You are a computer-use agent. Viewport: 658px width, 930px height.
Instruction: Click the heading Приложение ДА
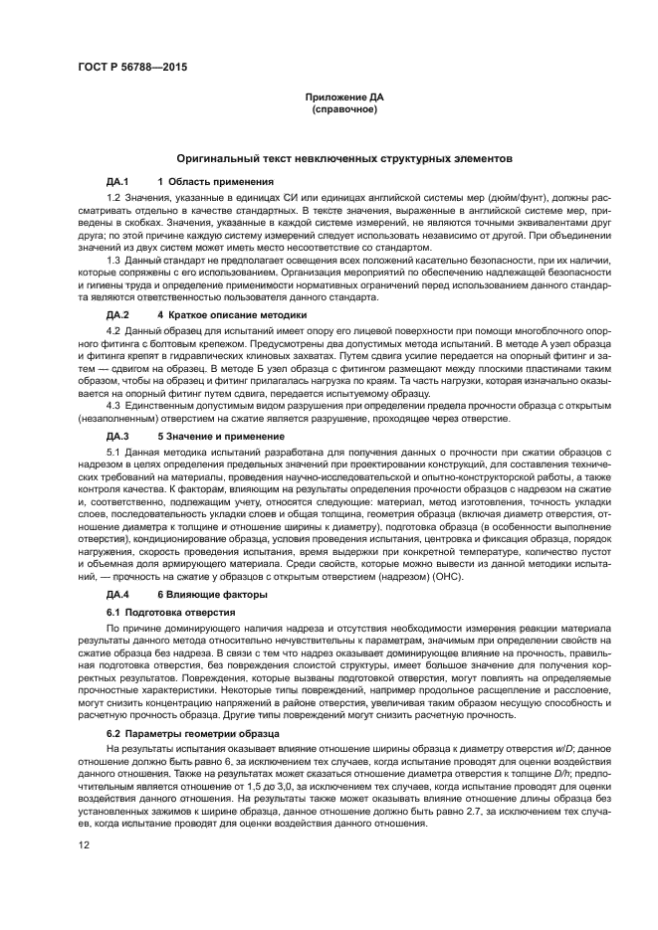[343, 96]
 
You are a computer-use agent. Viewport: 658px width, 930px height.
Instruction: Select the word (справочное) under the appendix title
[343, 108]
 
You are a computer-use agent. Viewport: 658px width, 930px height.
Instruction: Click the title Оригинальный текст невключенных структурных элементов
[344, 158]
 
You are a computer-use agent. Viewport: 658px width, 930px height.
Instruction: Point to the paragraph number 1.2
[112, 199]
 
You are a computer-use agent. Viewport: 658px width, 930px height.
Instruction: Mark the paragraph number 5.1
[112, 453]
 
